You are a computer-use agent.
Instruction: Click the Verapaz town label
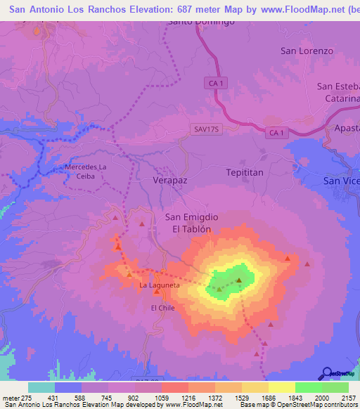[170, 180]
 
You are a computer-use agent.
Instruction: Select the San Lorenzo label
[307, 51]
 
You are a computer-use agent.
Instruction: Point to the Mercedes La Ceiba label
[84, 171]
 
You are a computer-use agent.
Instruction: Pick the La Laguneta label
[159, 285]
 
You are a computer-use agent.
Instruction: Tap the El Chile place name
[162, 308]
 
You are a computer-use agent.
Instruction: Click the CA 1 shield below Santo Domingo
[216, 84]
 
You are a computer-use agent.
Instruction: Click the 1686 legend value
[268, 398]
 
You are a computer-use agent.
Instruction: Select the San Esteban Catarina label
[338, 92]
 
